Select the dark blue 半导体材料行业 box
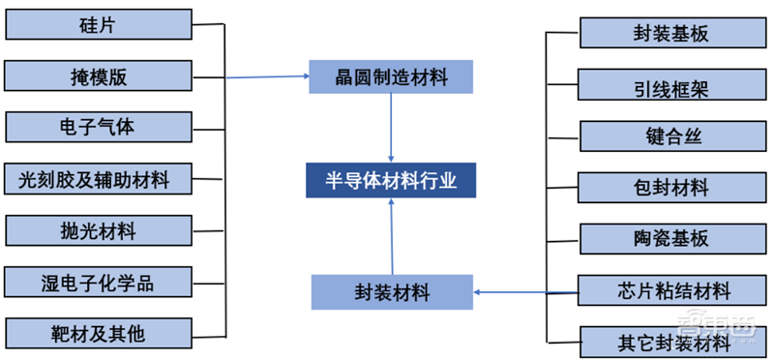(391, 180)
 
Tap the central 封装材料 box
(392, 290)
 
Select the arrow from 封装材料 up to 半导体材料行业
(392, 237)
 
